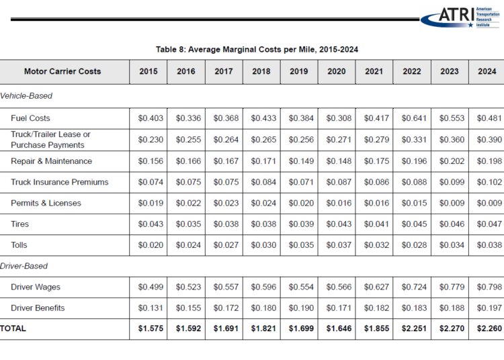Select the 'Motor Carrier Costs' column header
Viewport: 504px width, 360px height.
click(62, 72)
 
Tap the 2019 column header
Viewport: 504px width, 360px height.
click(299, 72)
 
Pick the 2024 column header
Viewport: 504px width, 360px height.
click(487, 72)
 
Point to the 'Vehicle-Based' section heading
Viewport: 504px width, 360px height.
click(27, 96)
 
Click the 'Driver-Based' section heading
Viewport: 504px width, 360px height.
click(25, 266)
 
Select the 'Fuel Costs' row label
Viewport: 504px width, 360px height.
click(30, 118)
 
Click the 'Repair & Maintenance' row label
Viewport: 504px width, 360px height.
click(51, 161)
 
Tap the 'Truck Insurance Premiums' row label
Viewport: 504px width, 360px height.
click(59, 182)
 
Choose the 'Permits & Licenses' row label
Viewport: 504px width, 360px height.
click(46, 203)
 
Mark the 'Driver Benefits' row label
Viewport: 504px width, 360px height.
click(38, 308)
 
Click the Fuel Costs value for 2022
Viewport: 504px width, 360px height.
click(412, 118)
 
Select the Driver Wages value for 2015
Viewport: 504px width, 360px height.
click(149, 287)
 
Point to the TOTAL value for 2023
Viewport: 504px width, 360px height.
click(450, 329)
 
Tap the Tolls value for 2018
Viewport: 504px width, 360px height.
click(261, 245)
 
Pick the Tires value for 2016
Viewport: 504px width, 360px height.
click(186, 224)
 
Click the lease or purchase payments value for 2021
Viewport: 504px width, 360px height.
click(374, 140)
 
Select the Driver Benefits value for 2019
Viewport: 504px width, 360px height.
click(299, 308)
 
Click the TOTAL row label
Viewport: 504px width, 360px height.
click(14, 329)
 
